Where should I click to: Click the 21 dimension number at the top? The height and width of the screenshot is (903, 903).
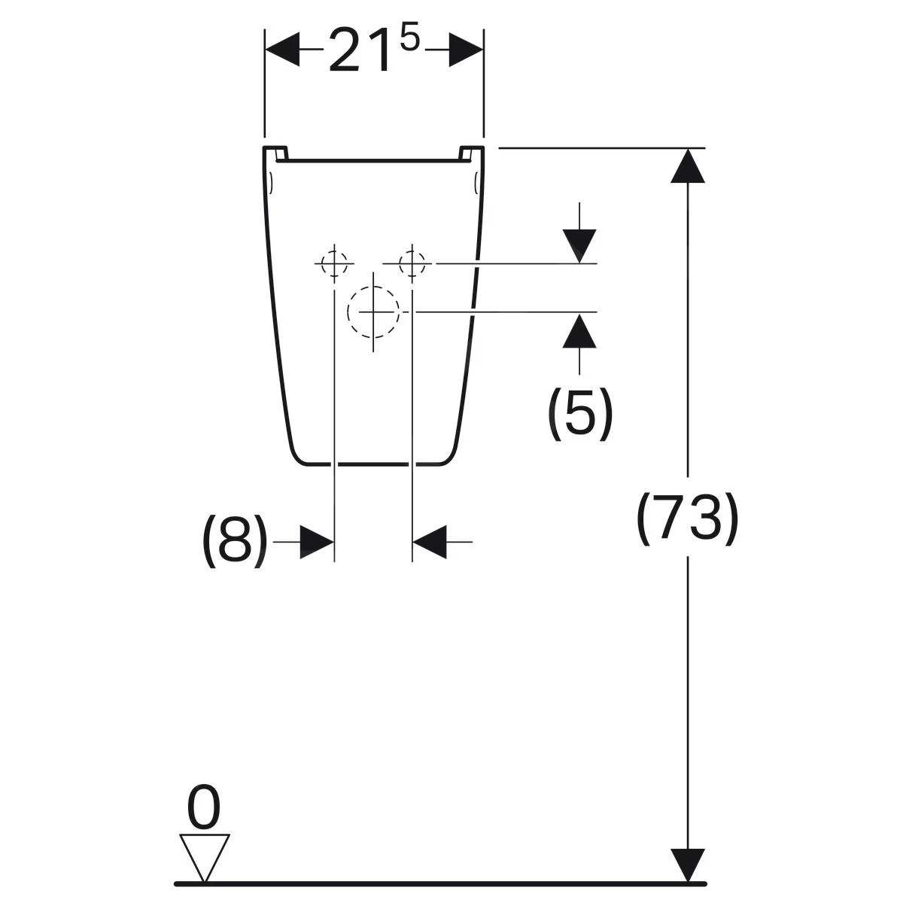(359, 50)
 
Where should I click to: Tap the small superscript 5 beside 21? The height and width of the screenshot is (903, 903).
(409, 39)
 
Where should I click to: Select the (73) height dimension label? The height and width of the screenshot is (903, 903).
(688, 518)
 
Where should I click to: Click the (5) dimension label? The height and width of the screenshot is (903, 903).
(579, 414)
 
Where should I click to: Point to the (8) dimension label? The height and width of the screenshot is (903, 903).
(236, 541)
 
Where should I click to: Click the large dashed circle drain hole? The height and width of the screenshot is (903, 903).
(373, 312)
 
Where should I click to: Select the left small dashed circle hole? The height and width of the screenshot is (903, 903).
(334, 264)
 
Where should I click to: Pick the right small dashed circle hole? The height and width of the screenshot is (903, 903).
(412, 263)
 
